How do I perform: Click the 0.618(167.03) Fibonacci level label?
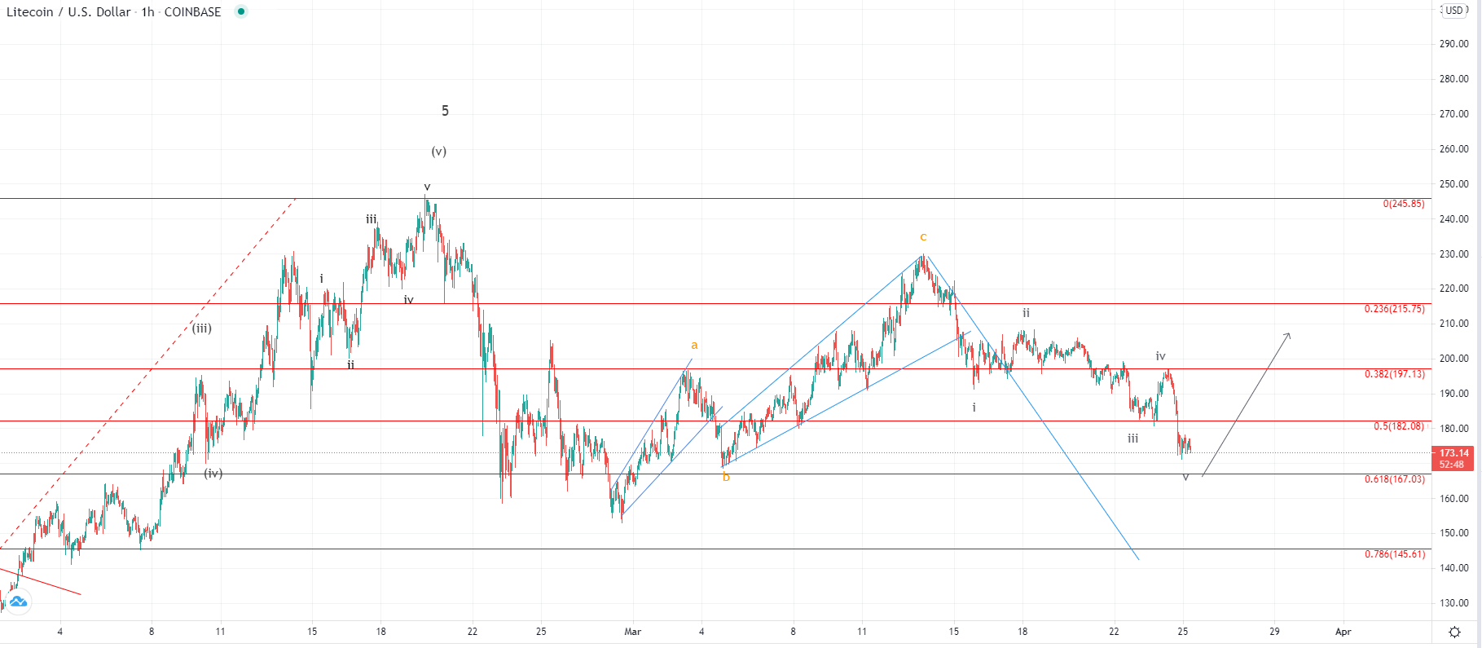coord(1395,479)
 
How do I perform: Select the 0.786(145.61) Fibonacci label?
coord(1395,554)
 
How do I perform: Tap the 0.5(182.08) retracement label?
coord(1399,426)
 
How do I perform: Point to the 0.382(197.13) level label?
coord(1395,374)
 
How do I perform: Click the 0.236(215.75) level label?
coord(1395,309)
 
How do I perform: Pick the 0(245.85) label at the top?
coord(1404,204)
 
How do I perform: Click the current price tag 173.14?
coord(1453,453)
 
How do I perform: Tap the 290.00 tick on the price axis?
coord(1453,44)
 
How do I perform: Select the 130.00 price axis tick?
coord(1453,603)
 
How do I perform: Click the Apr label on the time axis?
coord(1343,632)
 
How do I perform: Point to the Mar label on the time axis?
coord(633,632)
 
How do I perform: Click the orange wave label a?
coord(694,346)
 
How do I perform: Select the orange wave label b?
coord(726,478)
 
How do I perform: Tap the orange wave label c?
coord(923,237)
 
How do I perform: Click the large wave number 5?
coord(445,111)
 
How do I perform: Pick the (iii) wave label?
coord(202,328)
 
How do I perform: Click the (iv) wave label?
coord(213,474)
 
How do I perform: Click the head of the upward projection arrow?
coord(1289,334)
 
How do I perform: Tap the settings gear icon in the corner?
coord(1455,632)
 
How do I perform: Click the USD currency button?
coord(1454,11)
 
